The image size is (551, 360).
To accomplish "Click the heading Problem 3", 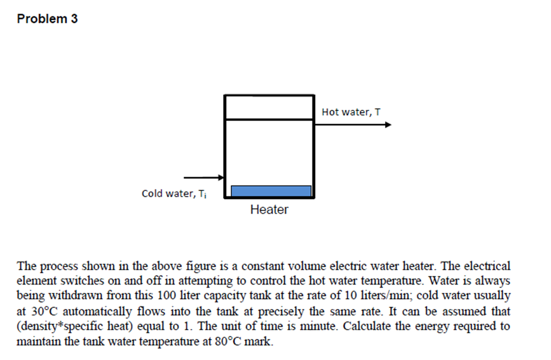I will (x=47, y=19).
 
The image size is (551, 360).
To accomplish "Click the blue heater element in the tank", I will (x=271, y=191).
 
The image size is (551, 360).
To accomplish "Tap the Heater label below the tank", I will (x=269, y=210).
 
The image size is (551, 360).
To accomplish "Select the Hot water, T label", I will (x=351, y=112).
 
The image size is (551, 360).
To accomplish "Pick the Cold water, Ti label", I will (x=174, y=194).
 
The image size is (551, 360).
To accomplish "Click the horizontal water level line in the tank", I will (x=269, y=119).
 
